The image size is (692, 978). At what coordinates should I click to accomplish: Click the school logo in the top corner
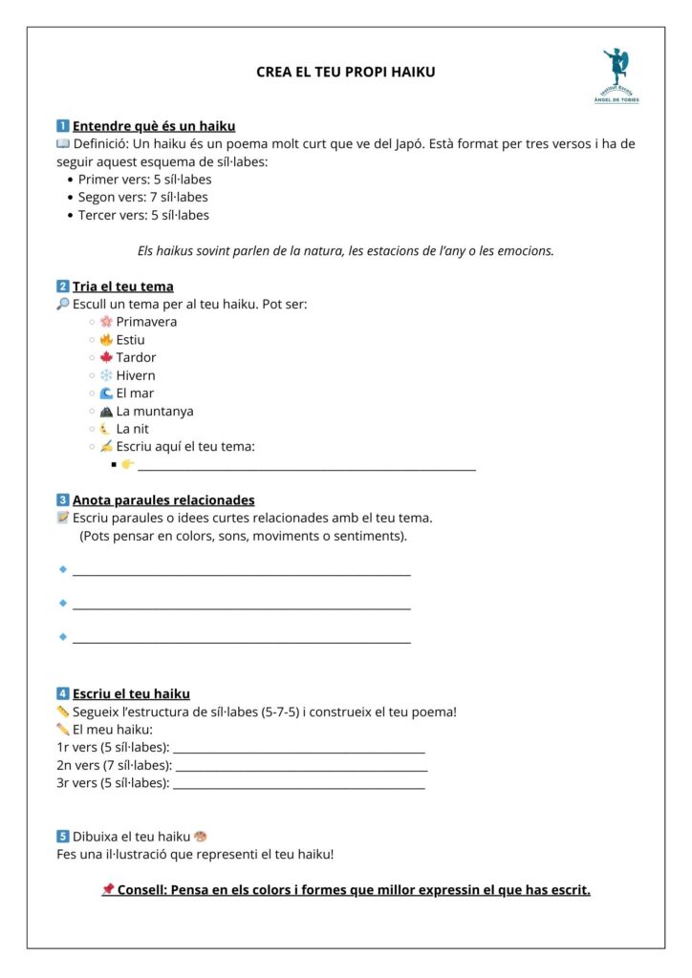pos(620,75)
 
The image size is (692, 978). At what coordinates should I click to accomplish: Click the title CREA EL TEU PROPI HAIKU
pos(346,72)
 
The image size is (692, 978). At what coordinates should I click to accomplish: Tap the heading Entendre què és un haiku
pos(154,126)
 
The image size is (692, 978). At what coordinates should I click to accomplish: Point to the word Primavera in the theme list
pos(146,322)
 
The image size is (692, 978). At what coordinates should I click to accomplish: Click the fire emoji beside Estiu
pos(106,340)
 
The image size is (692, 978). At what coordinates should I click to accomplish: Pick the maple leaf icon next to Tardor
pos(106,357)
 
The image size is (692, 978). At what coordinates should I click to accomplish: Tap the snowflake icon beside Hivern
pos(106,375)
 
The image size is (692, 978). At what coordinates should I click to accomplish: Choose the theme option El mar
pos(135,393)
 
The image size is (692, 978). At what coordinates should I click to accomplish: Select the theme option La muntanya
pos(154,412)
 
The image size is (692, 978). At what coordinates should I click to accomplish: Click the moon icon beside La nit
pos(105,429)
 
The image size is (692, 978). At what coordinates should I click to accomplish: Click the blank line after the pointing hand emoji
pos(307,467)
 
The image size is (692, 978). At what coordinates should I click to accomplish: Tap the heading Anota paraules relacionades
pos(163,500)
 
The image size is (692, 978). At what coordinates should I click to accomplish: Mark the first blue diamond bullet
pos(63,569)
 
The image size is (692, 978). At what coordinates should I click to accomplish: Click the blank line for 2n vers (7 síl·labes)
pos(301,767)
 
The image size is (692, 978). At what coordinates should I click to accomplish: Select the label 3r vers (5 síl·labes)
pos(114,783)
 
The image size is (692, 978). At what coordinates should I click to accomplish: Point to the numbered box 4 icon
pos(63,694)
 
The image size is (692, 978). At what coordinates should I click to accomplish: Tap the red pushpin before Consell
pos(108,890)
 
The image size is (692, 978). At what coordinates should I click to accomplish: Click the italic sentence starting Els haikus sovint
pos(346,251)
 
